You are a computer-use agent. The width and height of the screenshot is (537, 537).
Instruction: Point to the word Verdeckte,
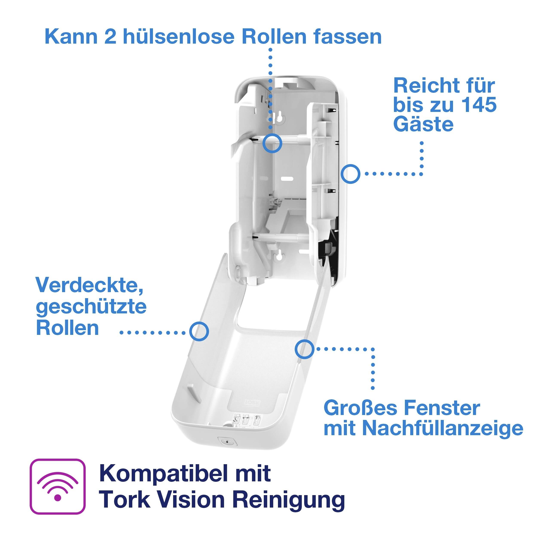pyautogui.click(x=89, y=285)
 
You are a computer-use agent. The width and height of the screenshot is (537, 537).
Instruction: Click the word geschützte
pyautogui.click(x=91, y=307)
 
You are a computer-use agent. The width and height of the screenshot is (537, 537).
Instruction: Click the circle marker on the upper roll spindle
pyautogui.click(x=272, y=143)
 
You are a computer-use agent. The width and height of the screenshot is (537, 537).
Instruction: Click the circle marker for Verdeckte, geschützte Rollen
pyautogui.click(x=199, y=331)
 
